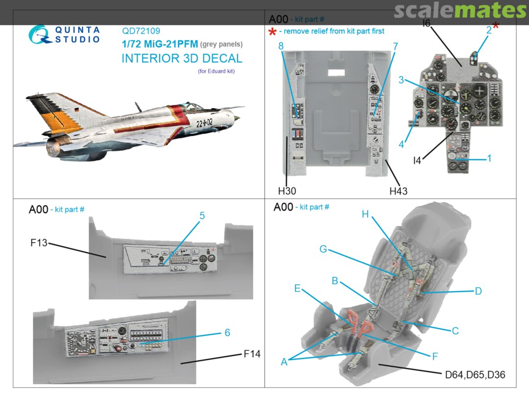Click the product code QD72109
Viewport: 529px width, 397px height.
tap(141, 31)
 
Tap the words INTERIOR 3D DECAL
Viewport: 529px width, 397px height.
tap(182, 59)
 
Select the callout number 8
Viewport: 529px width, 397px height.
tap(281, 46)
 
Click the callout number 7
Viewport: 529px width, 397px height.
tap(395, 47)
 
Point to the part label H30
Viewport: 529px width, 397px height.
tap(287, 191)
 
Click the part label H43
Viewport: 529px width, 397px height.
tap(398, 191)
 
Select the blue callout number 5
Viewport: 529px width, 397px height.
tap(201, 216)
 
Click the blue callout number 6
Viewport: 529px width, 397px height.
tap(227, 332)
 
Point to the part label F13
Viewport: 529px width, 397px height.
tap(38, 242)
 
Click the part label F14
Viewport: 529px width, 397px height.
tap(252, 354)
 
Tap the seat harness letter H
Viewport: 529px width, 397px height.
tap(364, 214)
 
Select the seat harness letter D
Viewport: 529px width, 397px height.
tap(478, 291)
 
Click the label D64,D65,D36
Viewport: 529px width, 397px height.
tap(475, 375)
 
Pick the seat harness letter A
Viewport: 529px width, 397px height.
tap(284, 362)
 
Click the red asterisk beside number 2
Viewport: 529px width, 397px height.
tap(496, 26)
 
